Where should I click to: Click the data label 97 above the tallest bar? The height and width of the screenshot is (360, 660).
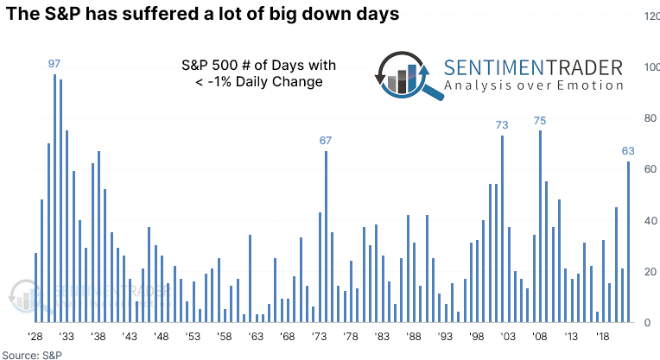pos(54,65)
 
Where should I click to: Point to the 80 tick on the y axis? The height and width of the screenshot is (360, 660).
pos(650,118)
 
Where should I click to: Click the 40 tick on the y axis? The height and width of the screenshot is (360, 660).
pos(650,221)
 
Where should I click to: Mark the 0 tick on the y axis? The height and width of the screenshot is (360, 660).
pos(653,323)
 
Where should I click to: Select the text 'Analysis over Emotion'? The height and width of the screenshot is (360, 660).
pos(534,85)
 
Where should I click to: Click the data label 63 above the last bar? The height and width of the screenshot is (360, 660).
pos(629,151)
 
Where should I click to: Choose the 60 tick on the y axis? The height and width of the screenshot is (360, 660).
pos(650,169)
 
